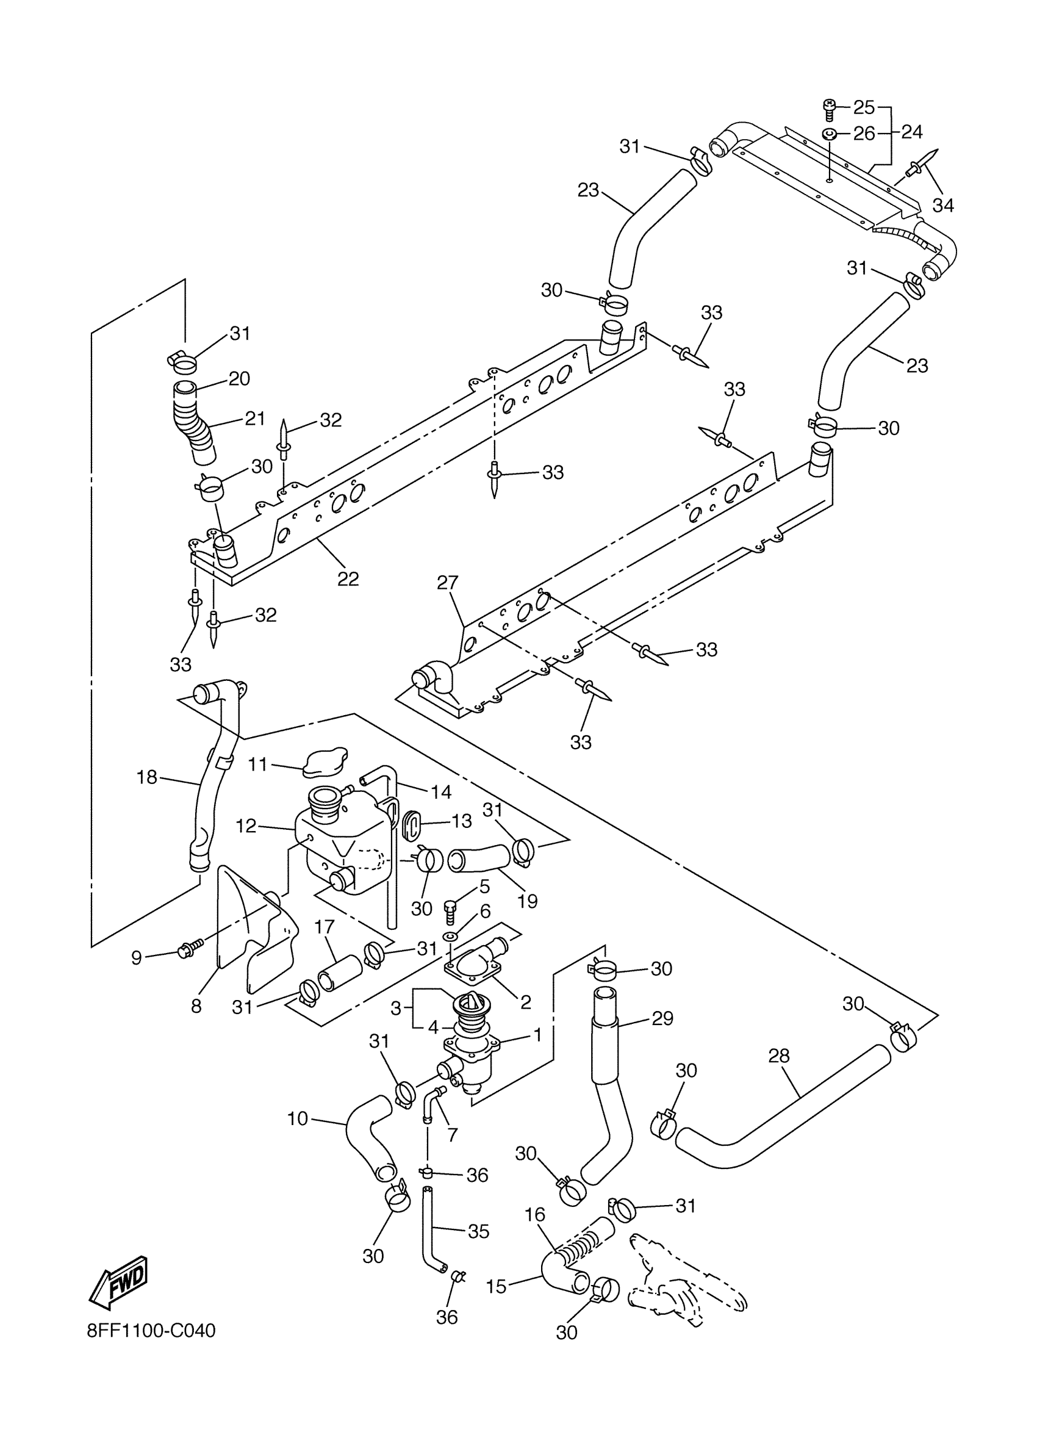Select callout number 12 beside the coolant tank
click(x=246, y=826)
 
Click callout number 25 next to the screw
click(x=864, y=108)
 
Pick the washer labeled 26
click(x=830, y=134)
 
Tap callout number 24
click(x=912, y=132)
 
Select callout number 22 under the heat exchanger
click(x=348, y=579)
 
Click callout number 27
click(x=448, y=583)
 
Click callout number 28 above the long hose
click(x=780, y=1055)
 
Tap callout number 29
click(x=662, y=1018)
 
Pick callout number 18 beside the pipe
click(x=147, y=777)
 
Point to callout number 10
click(x=297, y=1119)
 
